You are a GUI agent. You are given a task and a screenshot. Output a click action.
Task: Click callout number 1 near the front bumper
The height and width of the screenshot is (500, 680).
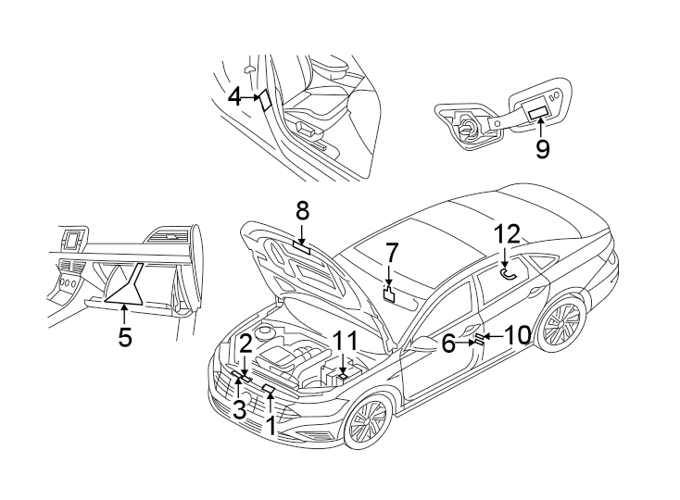coord(271,426)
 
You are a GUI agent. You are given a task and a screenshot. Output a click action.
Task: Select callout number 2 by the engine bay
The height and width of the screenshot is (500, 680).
coord(245,344)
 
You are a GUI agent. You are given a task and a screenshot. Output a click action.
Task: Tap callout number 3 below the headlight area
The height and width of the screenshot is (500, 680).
coord(239,409)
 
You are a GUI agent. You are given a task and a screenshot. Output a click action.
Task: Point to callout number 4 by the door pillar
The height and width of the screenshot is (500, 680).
coord(234,95)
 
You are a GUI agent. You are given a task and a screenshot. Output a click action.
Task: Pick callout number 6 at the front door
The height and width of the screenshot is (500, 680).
coord(448,344)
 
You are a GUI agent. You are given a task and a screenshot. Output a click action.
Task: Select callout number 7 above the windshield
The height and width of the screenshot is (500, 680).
coord(391,252)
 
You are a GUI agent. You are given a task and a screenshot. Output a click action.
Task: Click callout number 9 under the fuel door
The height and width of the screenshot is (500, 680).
coord(542,147)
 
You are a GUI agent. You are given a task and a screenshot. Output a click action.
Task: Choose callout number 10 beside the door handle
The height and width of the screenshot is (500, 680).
coord(516,334)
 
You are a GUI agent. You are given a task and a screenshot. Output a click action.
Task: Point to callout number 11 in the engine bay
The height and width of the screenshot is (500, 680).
coord(345,340)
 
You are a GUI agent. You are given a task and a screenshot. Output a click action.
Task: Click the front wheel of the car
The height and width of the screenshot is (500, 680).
coord(366,423)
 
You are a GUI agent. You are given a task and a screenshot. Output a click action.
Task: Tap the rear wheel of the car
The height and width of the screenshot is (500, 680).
coord(560,325)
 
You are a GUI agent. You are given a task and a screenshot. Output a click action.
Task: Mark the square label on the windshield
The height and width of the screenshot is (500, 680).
coord(390,295)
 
